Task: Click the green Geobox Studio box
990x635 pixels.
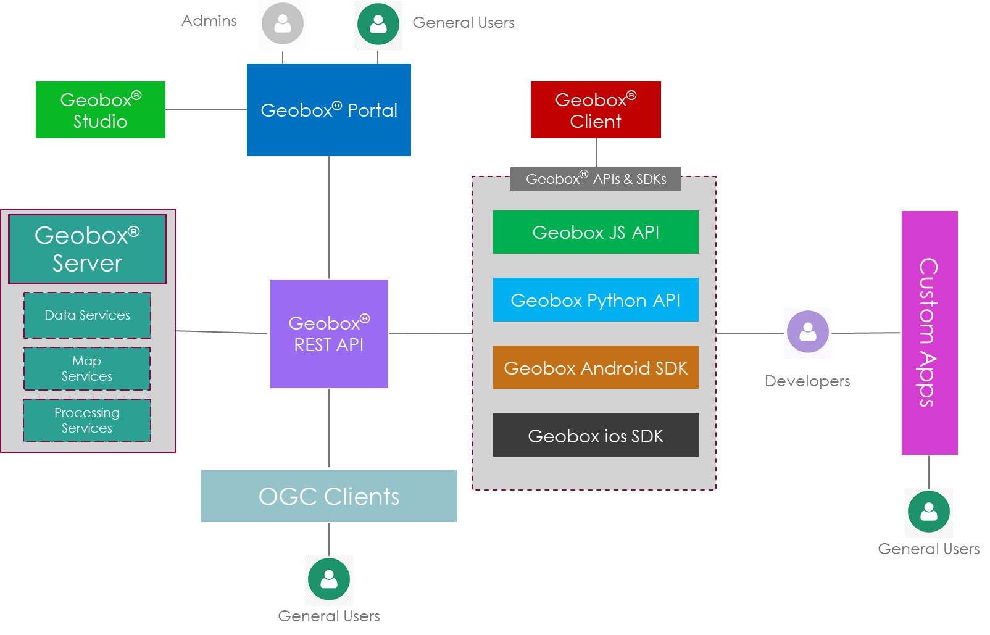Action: [x=101, y=110]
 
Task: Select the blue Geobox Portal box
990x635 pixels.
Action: [x=329, y=110]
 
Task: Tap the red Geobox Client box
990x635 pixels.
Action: [x=596, y=110]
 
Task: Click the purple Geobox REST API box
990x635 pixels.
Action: [x=329, y=334]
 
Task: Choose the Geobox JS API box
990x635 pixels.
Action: [x=596, y=232]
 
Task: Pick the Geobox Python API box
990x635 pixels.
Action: [x=596, y=300]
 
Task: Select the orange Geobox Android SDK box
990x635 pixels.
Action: [x=596, y=368]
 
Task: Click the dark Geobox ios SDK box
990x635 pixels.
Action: [x=596, y=436]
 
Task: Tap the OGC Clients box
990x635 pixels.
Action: [x=329, y=496]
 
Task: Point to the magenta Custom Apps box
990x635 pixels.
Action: [x=930, y=333]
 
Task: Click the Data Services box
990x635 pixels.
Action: [x=87, y=315]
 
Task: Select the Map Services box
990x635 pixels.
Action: [x=87, y=368]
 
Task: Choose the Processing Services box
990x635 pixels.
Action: [x=87, y=420]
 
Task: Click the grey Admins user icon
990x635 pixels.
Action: [x=283, y=25]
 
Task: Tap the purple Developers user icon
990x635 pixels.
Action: [x=808, y=333]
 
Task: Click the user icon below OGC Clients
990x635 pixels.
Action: [x=329, y=580]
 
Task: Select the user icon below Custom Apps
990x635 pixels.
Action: [x=929, y=513]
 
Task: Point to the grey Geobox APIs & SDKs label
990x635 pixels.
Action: [x=596, y=179]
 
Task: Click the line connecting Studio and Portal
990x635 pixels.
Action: [x=206, y=110]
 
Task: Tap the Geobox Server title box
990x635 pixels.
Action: [x=87, y=249]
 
